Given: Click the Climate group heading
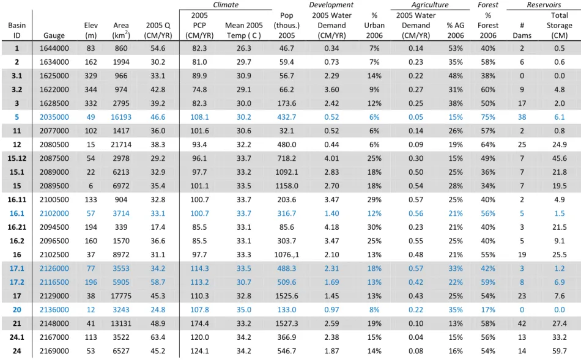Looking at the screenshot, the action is (226, 5).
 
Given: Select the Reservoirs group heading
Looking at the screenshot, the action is (544, 5).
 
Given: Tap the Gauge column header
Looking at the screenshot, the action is (54, 35).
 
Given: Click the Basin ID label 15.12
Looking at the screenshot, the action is (17, 158).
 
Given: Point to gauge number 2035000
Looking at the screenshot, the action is (54, 117).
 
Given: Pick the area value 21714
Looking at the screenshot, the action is (121, 145).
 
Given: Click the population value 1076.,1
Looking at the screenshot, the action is (286, 255).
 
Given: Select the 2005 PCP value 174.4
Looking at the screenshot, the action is (199, 324).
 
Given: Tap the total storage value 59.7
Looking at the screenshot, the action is (559, 351).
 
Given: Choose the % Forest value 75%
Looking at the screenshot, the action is (488, 117).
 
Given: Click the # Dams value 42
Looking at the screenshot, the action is (522, 324).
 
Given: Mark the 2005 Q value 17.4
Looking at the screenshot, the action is (158, 227).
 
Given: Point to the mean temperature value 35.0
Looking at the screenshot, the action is (244, 310).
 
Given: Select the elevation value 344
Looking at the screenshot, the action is (91, 90).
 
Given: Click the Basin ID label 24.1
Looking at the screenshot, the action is (17, 337).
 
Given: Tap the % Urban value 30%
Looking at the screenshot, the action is (374, 227).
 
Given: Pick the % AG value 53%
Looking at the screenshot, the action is (456, 48).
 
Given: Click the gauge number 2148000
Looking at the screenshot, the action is (54, 324).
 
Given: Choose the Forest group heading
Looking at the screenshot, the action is (488, 5).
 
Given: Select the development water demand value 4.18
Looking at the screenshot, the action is (331, 227).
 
